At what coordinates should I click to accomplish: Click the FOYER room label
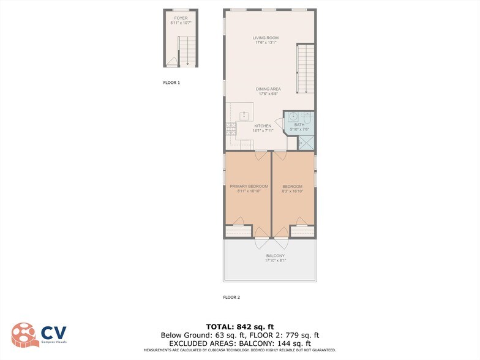(x=181, y=18)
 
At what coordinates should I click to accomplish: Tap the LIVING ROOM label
(x=266, y=38)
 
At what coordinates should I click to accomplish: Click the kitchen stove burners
(x=231, y=129)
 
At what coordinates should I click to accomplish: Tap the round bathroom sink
(x=293, y=116)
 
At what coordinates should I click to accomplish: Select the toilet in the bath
(x=308, y=116)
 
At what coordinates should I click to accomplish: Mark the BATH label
(x=299, y=125)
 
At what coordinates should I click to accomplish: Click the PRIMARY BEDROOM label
(x=249, y=186)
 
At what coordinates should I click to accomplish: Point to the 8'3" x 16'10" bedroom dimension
(x=293, y=192)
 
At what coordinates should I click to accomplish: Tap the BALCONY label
(x=276, y=256)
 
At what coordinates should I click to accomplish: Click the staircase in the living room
(x=305, y=69)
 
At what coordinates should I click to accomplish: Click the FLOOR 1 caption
(x=171, y=82)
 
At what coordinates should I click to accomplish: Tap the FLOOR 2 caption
(x=231, y=297)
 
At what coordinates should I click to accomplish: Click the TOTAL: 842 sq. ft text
(x=239, y=326)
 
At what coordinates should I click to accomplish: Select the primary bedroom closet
(x=238, y=231)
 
